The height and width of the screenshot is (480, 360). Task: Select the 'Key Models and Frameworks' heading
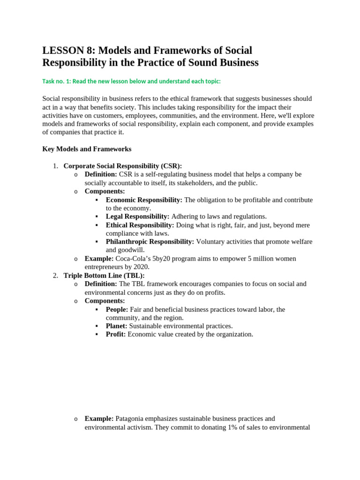pyautogui.click(x=87, y=149)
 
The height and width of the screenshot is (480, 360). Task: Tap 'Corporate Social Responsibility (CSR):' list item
pyautogui.click(x=122, y=166)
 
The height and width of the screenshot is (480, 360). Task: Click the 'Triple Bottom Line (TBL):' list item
pyautogui.click(x=104, y=276)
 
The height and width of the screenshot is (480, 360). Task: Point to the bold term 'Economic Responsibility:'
pyautogui.click(x=144, y=200)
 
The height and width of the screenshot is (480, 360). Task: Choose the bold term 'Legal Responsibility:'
pyautogui.click(x=137, y=217)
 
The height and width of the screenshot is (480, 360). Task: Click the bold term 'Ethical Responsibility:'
pyautogui.click(x=140, y=225)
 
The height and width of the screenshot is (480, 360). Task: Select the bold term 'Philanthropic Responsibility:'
pyautogui.click(x=150, y=242)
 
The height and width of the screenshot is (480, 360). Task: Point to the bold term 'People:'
pyautogui.click(x=117, y=309)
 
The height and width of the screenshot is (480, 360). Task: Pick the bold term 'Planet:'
pyautogui.click(x=116, y=326)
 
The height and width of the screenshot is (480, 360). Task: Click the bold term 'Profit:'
pyautogui.click(x=115, y=334)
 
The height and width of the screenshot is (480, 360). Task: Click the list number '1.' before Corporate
pyautogui.click(x=55, y=166)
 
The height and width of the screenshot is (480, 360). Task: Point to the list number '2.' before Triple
pyautogui.click(x=55, y=276)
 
